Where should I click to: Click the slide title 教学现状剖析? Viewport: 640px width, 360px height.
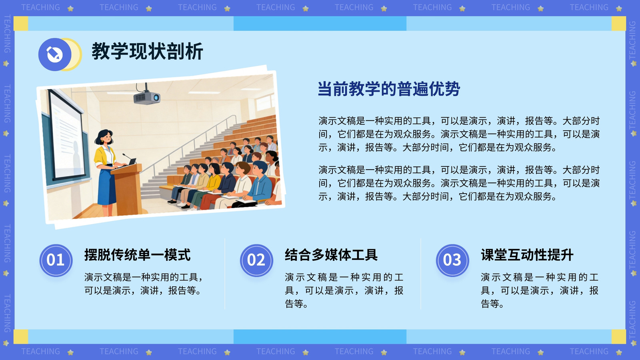pos(147,52)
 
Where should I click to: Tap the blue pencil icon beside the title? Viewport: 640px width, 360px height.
pos(54,54)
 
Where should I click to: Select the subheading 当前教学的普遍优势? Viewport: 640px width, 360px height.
pos(389,89)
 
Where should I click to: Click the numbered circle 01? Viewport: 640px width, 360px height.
pos(56,260)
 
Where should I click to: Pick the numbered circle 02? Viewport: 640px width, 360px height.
pos(256,260)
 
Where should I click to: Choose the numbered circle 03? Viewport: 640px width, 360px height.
pos(452,260)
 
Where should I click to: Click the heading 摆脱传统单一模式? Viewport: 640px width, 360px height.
pos(138,255)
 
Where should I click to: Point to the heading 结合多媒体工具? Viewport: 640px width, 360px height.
pos(331,255)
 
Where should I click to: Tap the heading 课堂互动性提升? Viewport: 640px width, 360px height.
pos(527,255)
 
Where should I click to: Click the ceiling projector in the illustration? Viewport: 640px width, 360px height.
pos(146,96)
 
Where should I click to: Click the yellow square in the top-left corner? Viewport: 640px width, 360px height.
pos(21,24)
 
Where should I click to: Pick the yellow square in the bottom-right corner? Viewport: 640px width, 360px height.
pos(618,336)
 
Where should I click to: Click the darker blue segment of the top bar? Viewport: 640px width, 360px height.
pos(320,24)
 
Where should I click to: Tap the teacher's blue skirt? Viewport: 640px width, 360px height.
pos(107,185)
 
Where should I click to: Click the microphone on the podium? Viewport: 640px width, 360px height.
pos(128,157)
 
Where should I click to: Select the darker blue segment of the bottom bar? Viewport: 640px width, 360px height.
pos(320,336)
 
